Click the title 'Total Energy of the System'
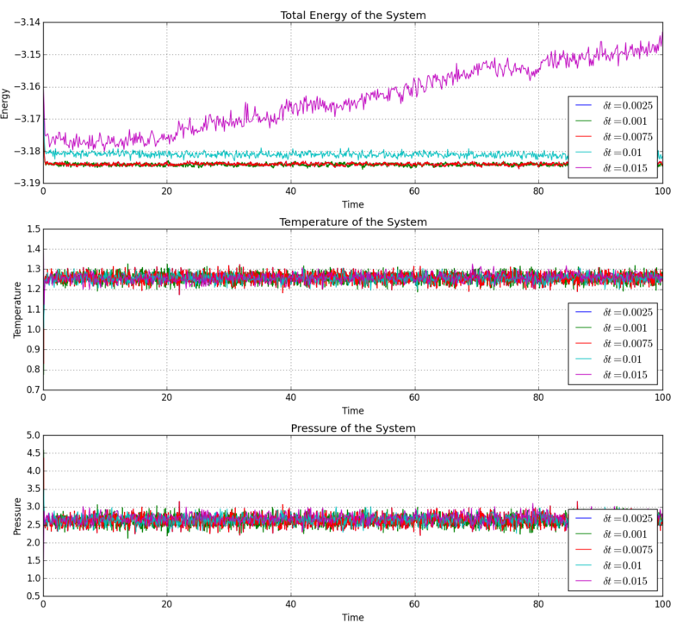tap(352, 16)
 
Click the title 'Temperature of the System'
tap(352, 222)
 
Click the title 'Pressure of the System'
tap(352, 428)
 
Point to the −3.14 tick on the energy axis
tap(24, 22)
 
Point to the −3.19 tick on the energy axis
tap(24, 183)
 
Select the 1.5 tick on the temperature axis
tap(31, 229)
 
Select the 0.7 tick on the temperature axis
tap(31, 390)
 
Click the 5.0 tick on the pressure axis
tap(31, 436)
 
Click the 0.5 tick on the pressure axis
tap(31, 596)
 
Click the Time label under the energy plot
tap(352, 205)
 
